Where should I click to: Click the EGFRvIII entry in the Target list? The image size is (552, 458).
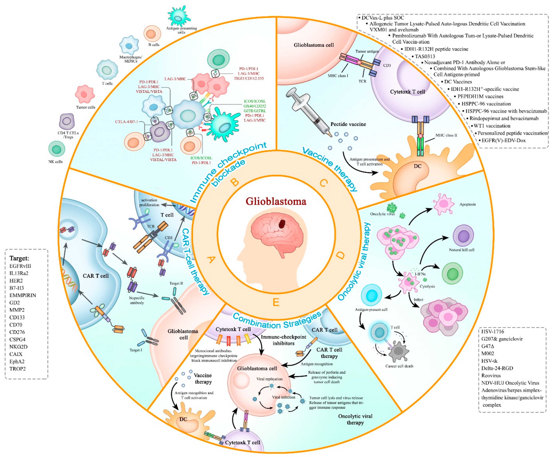[x=20, y=266]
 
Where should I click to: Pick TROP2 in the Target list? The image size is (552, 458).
[x=18, y=369]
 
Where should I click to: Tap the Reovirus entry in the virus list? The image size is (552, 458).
[x=491, y=375]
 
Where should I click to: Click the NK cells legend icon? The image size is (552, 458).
[x=56, y=149]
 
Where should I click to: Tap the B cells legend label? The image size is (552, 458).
[x=154, y=45]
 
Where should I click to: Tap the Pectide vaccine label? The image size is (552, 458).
[x=348, y=124]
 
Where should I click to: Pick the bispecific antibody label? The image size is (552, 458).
[x=137, y=300]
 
